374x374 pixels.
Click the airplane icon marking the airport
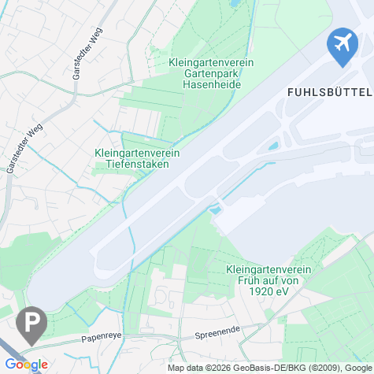pyautogui.click(x=342, y=45)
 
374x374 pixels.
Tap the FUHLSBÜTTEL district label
pyautogui.click(x=324, y=91)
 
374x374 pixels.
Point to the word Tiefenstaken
pyautogui.click(x=136, y=165)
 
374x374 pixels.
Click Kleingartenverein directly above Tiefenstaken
pyautogui.click(x=136, y=154)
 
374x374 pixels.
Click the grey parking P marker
pyautogui.click(x=31, y=324)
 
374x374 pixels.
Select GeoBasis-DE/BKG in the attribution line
pyautogui.click(x=264, y=368)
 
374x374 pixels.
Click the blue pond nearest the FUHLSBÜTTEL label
pyautogui.click(x=274, y=146)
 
